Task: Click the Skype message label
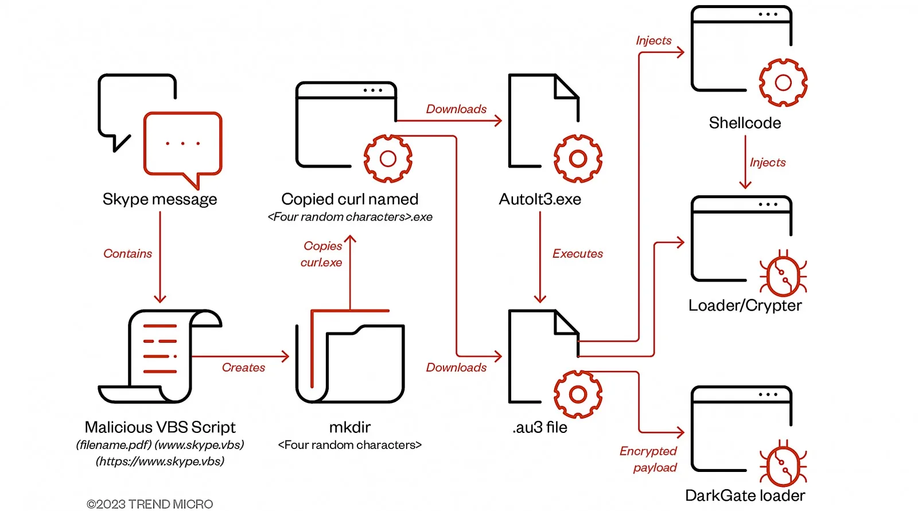coord(160,199)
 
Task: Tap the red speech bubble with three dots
coord(182,144)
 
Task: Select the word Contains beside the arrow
coord(127,254)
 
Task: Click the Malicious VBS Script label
coord(160,427)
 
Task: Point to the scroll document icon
coord(160,356)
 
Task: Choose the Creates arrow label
coord(243,367)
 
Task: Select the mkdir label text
coord(349,427)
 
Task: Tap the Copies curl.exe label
coord(322,254)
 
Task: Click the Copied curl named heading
coord(349,199)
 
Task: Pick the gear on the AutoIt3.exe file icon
coord(578,158)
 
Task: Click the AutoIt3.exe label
coord(540,199)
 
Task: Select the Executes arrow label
coord(577,254)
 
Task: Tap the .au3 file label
coord(540,427)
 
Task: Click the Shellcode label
coord(745,123)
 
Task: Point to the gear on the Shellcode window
coord(783,83)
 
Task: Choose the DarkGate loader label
coord(745,495)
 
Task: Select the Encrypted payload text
coord(648,459)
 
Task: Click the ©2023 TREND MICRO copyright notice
coord(150,504)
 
